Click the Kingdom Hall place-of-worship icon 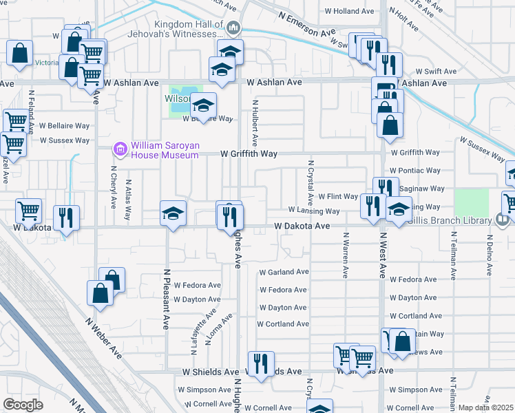coord(233,28)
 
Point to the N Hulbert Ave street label coord(255,123)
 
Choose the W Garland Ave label coord(284,273)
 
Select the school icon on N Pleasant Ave coord(173,213)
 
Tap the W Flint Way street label coord(337,197)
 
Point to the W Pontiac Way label coord(415,170)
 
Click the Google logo coord(23,404)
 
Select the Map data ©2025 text coord(485,407)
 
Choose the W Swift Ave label coord(436,72)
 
